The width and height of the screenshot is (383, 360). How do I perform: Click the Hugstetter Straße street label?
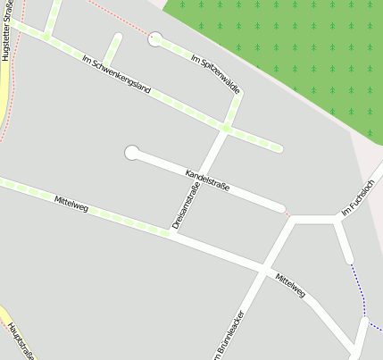(7, 30)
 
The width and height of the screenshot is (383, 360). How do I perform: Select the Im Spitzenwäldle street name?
(216, 73)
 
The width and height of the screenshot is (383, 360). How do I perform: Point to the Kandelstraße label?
(207, 180)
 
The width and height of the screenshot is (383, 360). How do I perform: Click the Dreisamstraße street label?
(185, 205)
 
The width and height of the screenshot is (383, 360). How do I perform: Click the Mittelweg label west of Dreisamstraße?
(71, 203)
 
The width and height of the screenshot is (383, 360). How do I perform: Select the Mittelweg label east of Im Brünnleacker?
(290, 284)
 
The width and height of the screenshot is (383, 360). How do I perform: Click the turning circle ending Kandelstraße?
(132, 153)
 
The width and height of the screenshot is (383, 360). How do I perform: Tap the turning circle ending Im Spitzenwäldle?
(155, 38)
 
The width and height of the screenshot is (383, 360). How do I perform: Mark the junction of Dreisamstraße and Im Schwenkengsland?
(225, 129)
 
